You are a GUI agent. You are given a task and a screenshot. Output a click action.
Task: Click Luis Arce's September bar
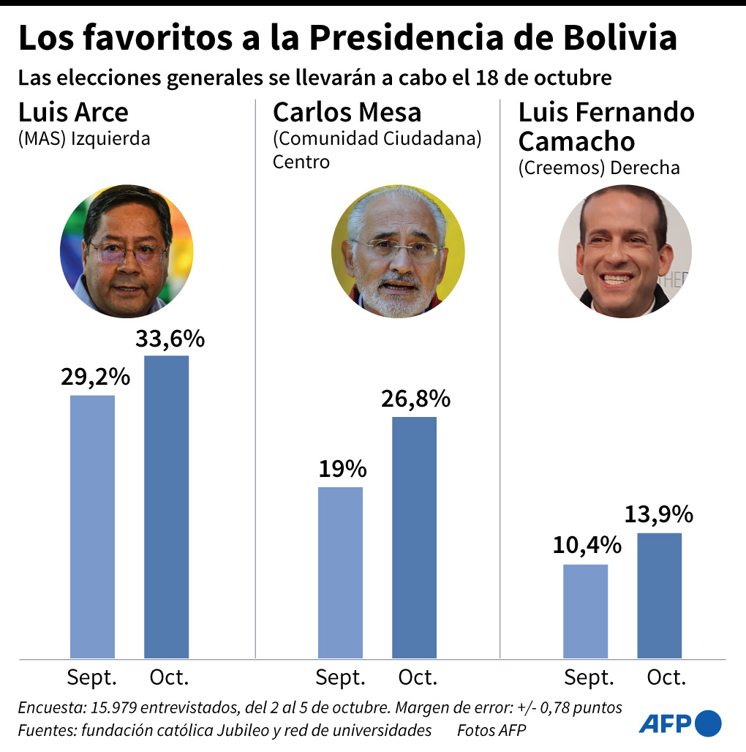[x=92, y=527]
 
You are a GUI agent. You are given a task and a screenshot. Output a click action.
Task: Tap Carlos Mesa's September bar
[x=340, y=572]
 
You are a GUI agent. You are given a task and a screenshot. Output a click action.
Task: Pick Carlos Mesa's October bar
[x=414, y=537]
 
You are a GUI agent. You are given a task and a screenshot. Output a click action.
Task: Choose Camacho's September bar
[x=586, y=611]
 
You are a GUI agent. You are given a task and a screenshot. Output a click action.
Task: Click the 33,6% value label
[x=170, y=339]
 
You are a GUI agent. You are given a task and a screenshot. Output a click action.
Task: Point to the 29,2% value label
[x=96, y=377]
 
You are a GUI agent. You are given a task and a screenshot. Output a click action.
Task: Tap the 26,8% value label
[x=415, y=399]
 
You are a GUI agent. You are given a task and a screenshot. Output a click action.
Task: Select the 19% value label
[x=342, y=469]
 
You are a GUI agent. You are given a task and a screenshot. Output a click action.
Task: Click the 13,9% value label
[x=659, y=514]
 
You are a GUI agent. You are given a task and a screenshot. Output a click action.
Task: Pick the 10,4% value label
[x=587, y=545]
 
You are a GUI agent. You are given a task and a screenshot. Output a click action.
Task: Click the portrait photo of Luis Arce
[x=127, y=250]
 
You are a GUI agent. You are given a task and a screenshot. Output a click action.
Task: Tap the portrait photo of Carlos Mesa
[x=398, y=251]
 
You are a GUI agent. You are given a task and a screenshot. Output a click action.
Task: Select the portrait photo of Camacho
[x=625, y=251]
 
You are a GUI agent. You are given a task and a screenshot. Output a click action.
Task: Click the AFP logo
[x=679, y=723]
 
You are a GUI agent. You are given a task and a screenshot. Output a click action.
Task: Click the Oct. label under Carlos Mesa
[x=418, y=677]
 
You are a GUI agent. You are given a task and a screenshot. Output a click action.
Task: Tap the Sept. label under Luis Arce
[x=92, y=677]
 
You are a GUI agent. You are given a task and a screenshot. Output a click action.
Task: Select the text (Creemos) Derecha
[x=598, y=168]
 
